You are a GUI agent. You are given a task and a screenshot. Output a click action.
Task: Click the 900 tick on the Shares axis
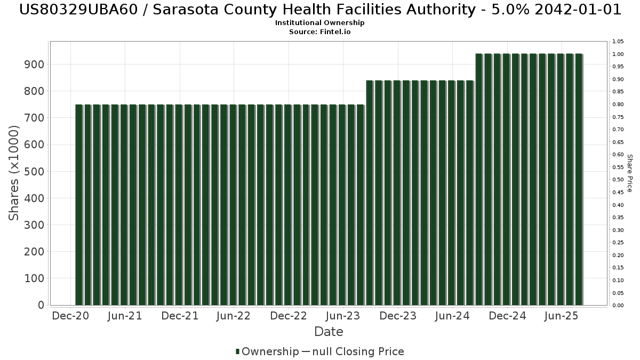pyautogui.click(x=34, y=65)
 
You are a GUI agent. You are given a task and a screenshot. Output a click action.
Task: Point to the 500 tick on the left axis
pyautogui.click(x=34, y=172)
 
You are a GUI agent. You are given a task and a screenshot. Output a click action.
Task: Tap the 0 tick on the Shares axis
pyautogui.click(x=41, y=305)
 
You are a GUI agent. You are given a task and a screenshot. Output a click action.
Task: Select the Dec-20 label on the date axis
pyautogui.click(x=70, y=316)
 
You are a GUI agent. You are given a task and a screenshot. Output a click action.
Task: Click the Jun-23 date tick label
pyautogui.click(x=343, y=316)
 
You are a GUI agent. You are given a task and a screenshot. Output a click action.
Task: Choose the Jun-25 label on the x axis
pyautogui.click(x=562, y=316)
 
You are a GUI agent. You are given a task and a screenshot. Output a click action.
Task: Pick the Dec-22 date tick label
pyautogui.click(x=289, y=316)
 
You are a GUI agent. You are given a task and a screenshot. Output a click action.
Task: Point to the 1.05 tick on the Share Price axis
pyautogui.click(x=618, y=42)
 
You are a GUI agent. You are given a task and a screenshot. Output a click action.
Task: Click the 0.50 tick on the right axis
pyautogui.click(x=618, y=180)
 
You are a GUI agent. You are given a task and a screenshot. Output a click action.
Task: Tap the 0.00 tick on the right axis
pyautogui.click(x=618, y=306)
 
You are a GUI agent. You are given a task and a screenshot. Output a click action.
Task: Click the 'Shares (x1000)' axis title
pyautogui.click(x=14, y=173)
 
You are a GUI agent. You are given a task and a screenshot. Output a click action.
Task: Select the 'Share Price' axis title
pyautogui.click(x=629, y=173)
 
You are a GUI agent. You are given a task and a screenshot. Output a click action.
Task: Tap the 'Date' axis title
pyautogui.click(x=329, y=332)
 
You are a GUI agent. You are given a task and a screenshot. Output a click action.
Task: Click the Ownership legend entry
pyautogui.click(x=270, y=351)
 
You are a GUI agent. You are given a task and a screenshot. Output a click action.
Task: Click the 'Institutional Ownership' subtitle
pyautogui.click(x=319, y=23)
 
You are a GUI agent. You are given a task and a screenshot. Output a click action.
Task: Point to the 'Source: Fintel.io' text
pyautogui.click(x=319, y=32)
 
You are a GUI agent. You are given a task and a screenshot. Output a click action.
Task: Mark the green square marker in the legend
pyautogui.click(x=237, y=351)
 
